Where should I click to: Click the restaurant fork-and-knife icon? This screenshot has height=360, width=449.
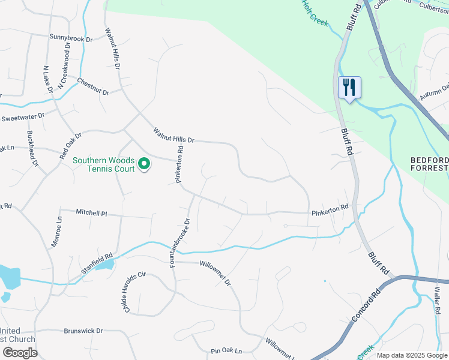coord(349,88)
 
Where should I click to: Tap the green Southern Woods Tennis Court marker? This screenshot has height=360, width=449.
coord(144,163)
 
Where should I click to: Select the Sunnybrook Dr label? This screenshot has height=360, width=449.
coord(71,38)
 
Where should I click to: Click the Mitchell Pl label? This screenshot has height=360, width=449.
coord(91,212)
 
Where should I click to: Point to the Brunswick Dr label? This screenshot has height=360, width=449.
coord(83,331)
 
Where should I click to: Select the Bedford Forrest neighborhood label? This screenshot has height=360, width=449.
coord(429,164)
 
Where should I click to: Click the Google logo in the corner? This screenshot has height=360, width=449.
coord(20,353)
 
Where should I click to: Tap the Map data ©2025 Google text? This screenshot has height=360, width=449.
coord(412,355)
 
